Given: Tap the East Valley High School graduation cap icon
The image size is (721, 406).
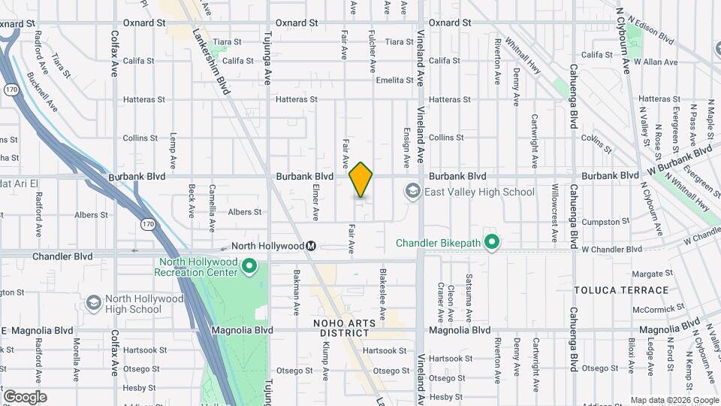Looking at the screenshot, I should coord(412,192).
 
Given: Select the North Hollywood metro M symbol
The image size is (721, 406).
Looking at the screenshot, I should coord(309,246).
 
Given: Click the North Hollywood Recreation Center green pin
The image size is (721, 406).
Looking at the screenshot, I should coord(251,267).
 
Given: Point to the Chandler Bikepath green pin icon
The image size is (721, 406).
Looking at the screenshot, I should coord(492,242).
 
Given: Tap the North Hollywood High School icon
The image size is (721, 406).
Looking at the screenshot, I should coord(94,303).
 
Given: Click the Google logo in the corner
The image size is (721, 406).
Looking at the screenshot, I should coord(25,397).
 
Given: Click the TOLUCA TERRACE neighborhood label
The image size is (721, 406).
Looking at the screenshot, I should coord(621,290).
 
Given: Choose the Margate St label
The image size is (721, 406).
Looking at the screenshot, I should coord(650,274).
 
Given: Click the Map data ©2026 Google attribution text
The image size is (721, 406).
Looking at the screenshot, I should coord(674,400).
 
